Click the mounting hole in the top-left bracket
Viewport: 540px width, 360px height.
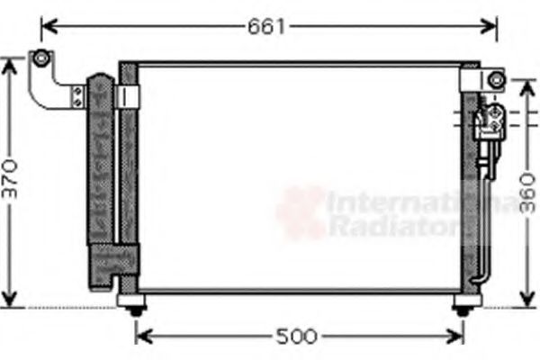tap(40, 59)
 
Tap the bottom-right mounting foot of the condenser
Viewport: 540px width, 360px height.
tap(463, 309)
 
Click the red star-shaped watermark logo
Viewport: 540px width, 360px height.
tap(300, 211)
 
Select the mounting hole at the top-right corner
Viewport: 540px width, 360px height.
tap(493, 80)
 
